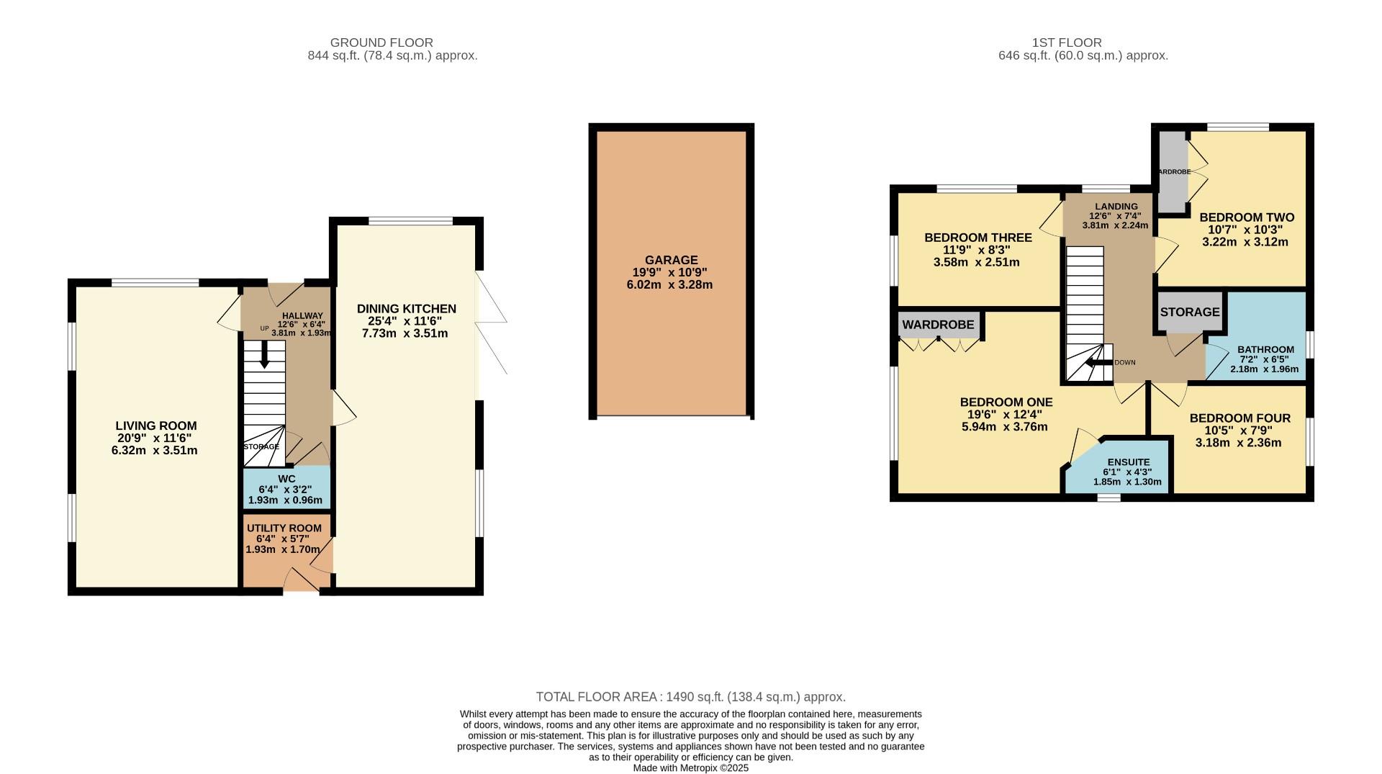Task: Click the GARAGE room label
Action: point(671,260)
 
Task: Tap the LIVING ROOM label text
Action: point(156,426)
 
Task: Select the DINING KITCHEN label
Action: point(406,309)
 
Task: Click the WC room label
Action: point(286,479)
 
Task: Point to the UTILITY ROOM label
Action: point(284,528)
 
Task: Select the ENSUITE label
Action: point(1128,462)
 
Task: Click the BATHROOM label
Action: point(1265,349)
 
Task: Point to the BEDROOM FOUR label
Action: point(1239,418)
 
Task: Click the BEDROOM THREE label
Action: point(977,238)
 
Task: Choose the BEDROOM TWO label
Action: point(1246,217)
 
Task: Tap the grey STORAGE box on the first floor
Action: point(1189,312)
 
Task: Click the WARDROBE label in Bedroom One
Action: point(938,325)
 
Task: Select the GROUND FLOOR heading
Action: point(381,42)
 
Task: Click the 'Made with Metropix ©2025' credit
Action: point(690,768)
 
